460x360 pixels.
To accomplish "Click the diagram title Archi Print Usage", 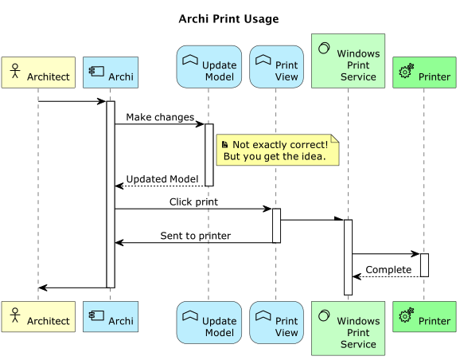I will pos(228,19).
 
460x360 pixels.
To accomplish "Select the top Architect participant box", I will pos(38,72).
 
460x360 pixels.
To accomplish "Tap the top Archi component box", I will pos(111,72).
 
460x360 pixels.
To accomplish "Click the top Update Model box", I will pos(209,67).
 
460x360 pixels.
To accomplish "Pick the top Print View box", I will pos(276,67).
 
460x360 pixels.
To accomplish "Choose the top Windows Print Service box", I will pos(348,61).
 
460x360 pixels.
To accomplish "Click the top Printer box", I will pos(424,72).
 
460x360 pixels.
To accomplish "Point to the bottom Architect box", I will pos(38,317).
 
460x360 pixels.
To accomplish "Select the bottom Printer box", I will pos(424,317).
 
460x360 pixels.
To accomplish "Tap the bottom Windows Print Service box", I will pos(348,328).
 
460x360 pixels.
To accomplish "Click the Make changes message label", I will pos(159,117).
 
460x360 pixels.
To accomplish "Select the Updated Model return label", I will pos(162,179).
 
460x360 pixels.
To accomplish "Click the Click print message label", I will pos(193,202).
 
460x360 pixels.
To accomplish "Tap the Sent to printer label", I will pos(195,236).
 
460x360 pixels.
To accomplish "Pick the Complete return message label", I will pos(388,270).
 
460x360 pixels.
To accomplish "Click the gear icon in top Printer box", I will pos(406,72).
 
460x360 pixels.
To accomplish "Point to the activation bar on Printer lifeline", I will pos(424,265).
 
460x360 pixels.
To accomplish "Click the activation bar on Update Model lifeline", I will pos(209,155).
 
